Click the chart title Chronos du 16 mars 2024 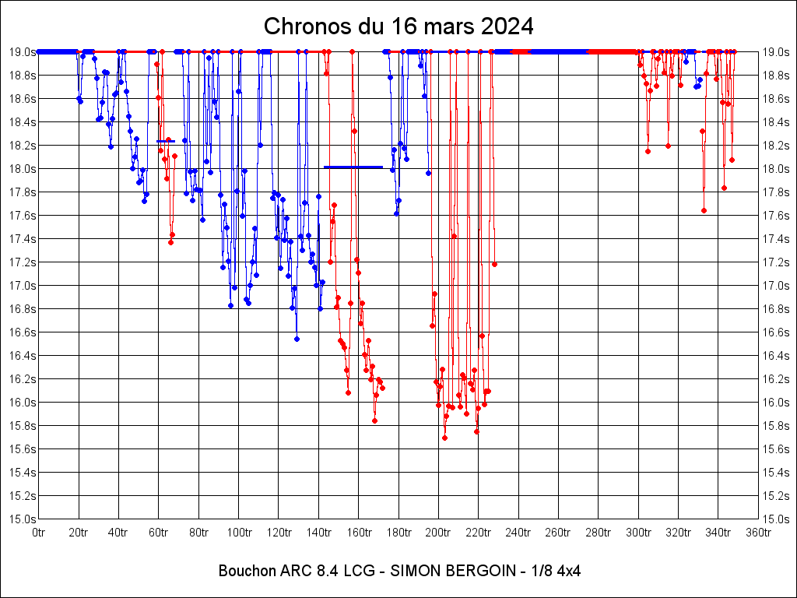pyautogui.click(x=398, y=26)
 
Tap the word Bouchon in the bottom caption pyautogui.click(x=244, y=571)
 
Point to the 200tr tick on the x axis pyautogui.click(x=438, y=533)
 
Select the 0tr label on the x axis pyautogui.click(x=39, y=533)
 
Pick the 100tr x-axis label pyautogui.click(x=239, y=533)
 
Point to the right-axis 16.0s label pyautogui.click(x=776, y=403)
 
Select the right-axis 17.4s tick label pyautogui.click(x=776, y=239)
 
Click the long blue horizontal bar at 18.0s pyautogui.click(x=353, y=167)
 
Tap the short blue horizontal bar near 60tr pyautogui.click(x=165, y=142)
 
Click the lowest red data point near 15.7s pyautogui.click(x=444, y=438)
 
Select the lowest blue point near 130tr pyautogui.click(x=297, y=339)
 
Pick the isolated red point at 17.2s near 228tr pyautogui.click(x=494, y=265)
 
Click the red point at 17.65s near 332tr pyautogui.click(x=704, y=210)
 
